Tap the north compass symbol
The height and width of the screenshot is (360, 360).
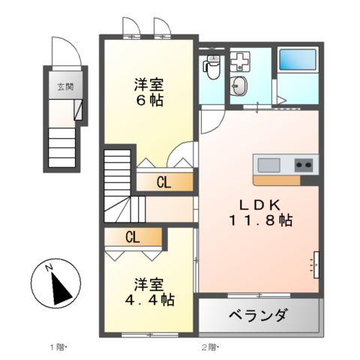55,284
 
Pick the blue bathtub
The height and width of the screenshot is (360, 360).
298,60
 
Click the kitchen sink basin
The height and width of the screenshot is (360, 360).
268,164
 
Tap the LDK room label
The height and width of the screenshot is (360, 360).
262,203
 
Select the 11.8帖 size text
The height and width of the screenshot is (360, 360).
262,220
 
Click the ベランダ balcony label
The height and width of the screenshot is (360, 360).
256,315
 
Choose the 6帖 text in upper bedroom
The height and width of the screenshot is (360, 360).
148,100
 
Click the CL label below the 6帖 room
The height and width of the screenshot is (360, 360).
163,182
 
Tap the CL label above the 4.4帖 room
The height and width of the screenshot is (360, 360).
133,238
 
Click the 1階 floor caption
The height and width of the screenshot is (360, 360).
58,346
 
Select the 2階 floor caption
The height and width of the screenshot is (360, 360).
208,346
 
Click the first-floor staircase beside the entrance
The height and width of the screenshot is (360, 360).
64,148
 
